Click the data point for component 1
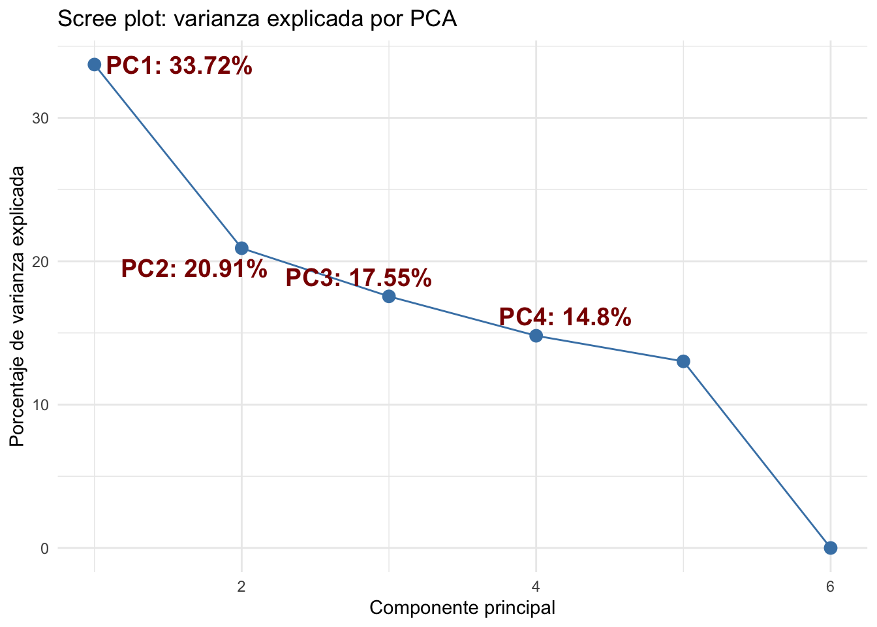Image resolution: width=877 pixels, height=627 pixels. coord(95,64)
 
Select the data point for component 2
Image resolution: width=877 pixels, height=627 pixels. coord(241,248)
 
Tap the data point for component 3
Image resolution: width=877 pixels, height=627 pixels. coord(389,296)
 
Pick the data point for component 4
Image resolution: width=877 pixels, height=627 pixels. coord(536,336)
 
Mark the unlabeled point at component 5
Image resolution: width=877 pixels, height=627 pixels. coord(683,361)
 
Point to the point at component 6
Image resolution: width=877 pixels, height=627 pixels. coord(830,547)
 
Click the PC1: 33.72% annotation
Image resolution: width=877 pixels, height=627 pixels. coord(179,66)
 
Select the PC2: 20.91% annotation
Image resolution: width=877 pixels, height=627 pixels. coord(194,269)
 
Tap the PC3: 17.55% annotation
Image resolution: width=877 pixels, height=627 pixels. coord(358,278)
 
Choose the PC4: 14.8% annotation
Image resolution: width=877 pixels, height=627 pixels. coord(564,317)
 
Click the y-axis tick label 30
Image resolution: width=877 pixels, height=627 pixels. coord(42,118)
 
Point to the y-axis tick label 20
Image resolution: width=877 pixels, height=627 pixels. coord(42,261)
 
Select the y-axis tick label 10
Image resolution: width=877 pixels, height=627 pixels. coord(42,405)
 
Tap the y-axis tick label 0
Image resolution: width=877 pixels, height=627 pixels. coord(45,548)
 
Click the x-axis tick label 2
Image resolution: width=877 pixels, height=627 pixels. coord(241,586)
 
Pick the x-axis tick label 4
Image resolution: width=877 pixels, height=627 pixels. coord(536,586)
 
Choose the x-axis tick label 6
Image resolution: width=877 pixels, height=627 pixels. coord(830,586)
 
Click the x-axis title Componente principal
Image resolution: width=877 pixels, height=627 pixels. coord(462,608)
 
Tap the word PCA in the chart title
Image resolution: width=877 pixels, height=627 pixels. coord(433,19)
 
